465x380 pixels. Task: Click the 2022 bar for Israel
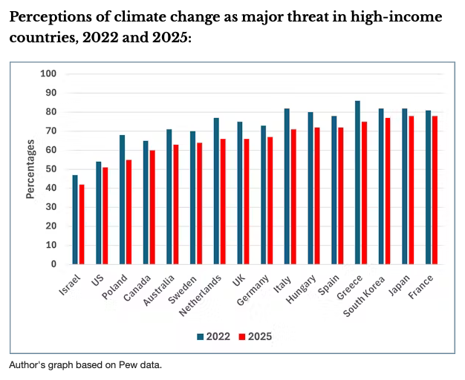point(75,220)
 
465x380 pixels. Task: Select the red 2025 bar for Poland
point(129,212)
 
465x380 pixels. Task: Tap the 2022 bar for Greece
point(358,183)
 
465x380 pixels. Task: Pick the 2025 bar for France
point(435,190)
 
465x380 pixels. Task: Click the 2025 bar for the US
point(105,215)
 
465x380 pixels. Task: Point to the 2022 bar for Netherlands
point(216,191)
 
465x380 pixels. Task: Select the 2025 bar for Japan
point(411,190)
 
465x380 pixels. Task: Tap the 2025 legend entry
point(254,336)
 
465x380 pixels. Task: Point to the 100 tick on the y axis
point(49,73)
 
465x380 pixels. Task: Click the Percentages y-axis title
point(31,169)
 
